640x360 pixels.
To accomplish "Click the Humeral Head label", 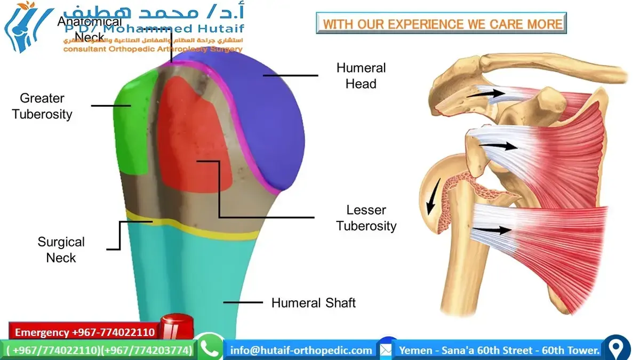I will click(x=361, y=76).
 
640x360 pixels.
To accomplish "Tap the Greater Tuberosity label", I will click(x=42, y=106).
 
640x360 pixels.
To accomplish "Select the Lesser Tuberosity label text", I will click(x=366, y=218).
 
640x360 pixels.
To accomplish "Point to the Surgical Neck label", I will click(x=61, y=250).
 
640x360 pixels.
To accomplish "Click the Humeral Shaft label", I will click(x=313, y=303).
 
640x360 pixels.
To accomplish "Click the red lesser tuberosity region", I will click(x=195, y=139).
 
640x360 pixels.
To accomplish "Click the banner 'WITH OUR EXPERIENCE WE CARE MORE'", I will click(x=442, y=24).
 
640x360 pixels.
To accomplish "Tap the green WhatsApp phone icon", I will click(x=210, y=348).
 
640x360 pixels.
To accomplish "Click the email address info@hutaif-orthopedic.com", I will click(x=301, y=350).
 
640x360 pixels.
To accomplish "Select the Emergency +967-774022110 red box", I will click(x=84, y=332).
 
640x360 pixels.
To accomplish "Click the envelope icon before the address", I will click(x=387, y=349).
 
